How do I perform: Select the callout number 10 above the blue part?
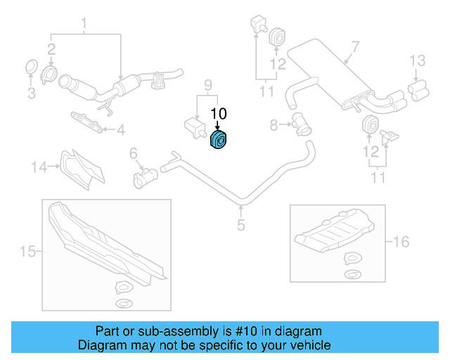click(219, 112)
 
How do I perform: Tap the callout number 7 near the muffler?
click(355, 47)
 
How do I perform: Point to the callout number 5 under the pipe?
click(240, 225)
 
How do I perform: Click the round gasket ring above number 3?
click(31, 68)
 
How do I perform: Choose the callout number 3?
click(30, 93)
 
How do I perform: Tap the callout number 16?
click(400, 243)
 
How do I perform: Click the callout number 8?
click(274, 125)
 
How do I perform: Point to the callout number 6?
click(133, 153)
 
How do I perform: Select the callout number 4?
click(121, 129)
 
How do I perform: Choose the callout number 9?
click(207, 85)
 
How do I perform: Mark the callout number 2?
click(51, 49)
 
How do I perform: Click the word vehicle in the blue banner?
click(309, 345)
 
